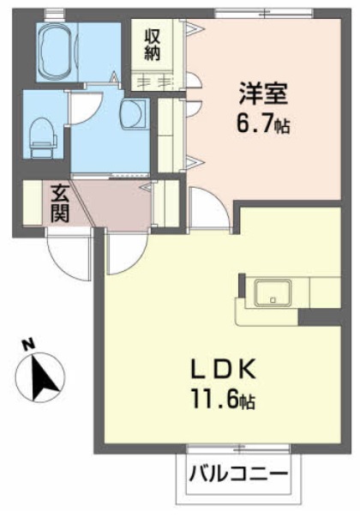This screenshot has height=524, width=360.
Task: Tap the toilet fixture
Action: click(42, 137)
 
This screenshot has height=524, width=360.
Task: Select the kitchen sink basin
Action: click(273, 293)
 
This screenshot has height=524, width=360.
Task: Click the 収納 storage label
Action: click(153, 45)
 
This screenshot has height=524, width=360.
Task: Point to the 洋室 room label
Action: click(262, 93)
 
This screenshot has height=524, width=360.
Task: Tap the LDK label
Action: click(223, 368)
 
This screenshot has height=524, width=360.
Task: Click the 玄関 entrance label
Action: click(60, 204)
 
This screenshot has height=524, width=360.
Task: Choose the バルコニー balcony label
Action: click(238, 474)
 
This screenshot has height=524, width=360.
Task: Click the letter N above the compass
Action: click(28, 344)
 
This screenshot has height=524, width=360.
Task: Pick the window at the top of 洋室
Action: click(264, 14)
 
